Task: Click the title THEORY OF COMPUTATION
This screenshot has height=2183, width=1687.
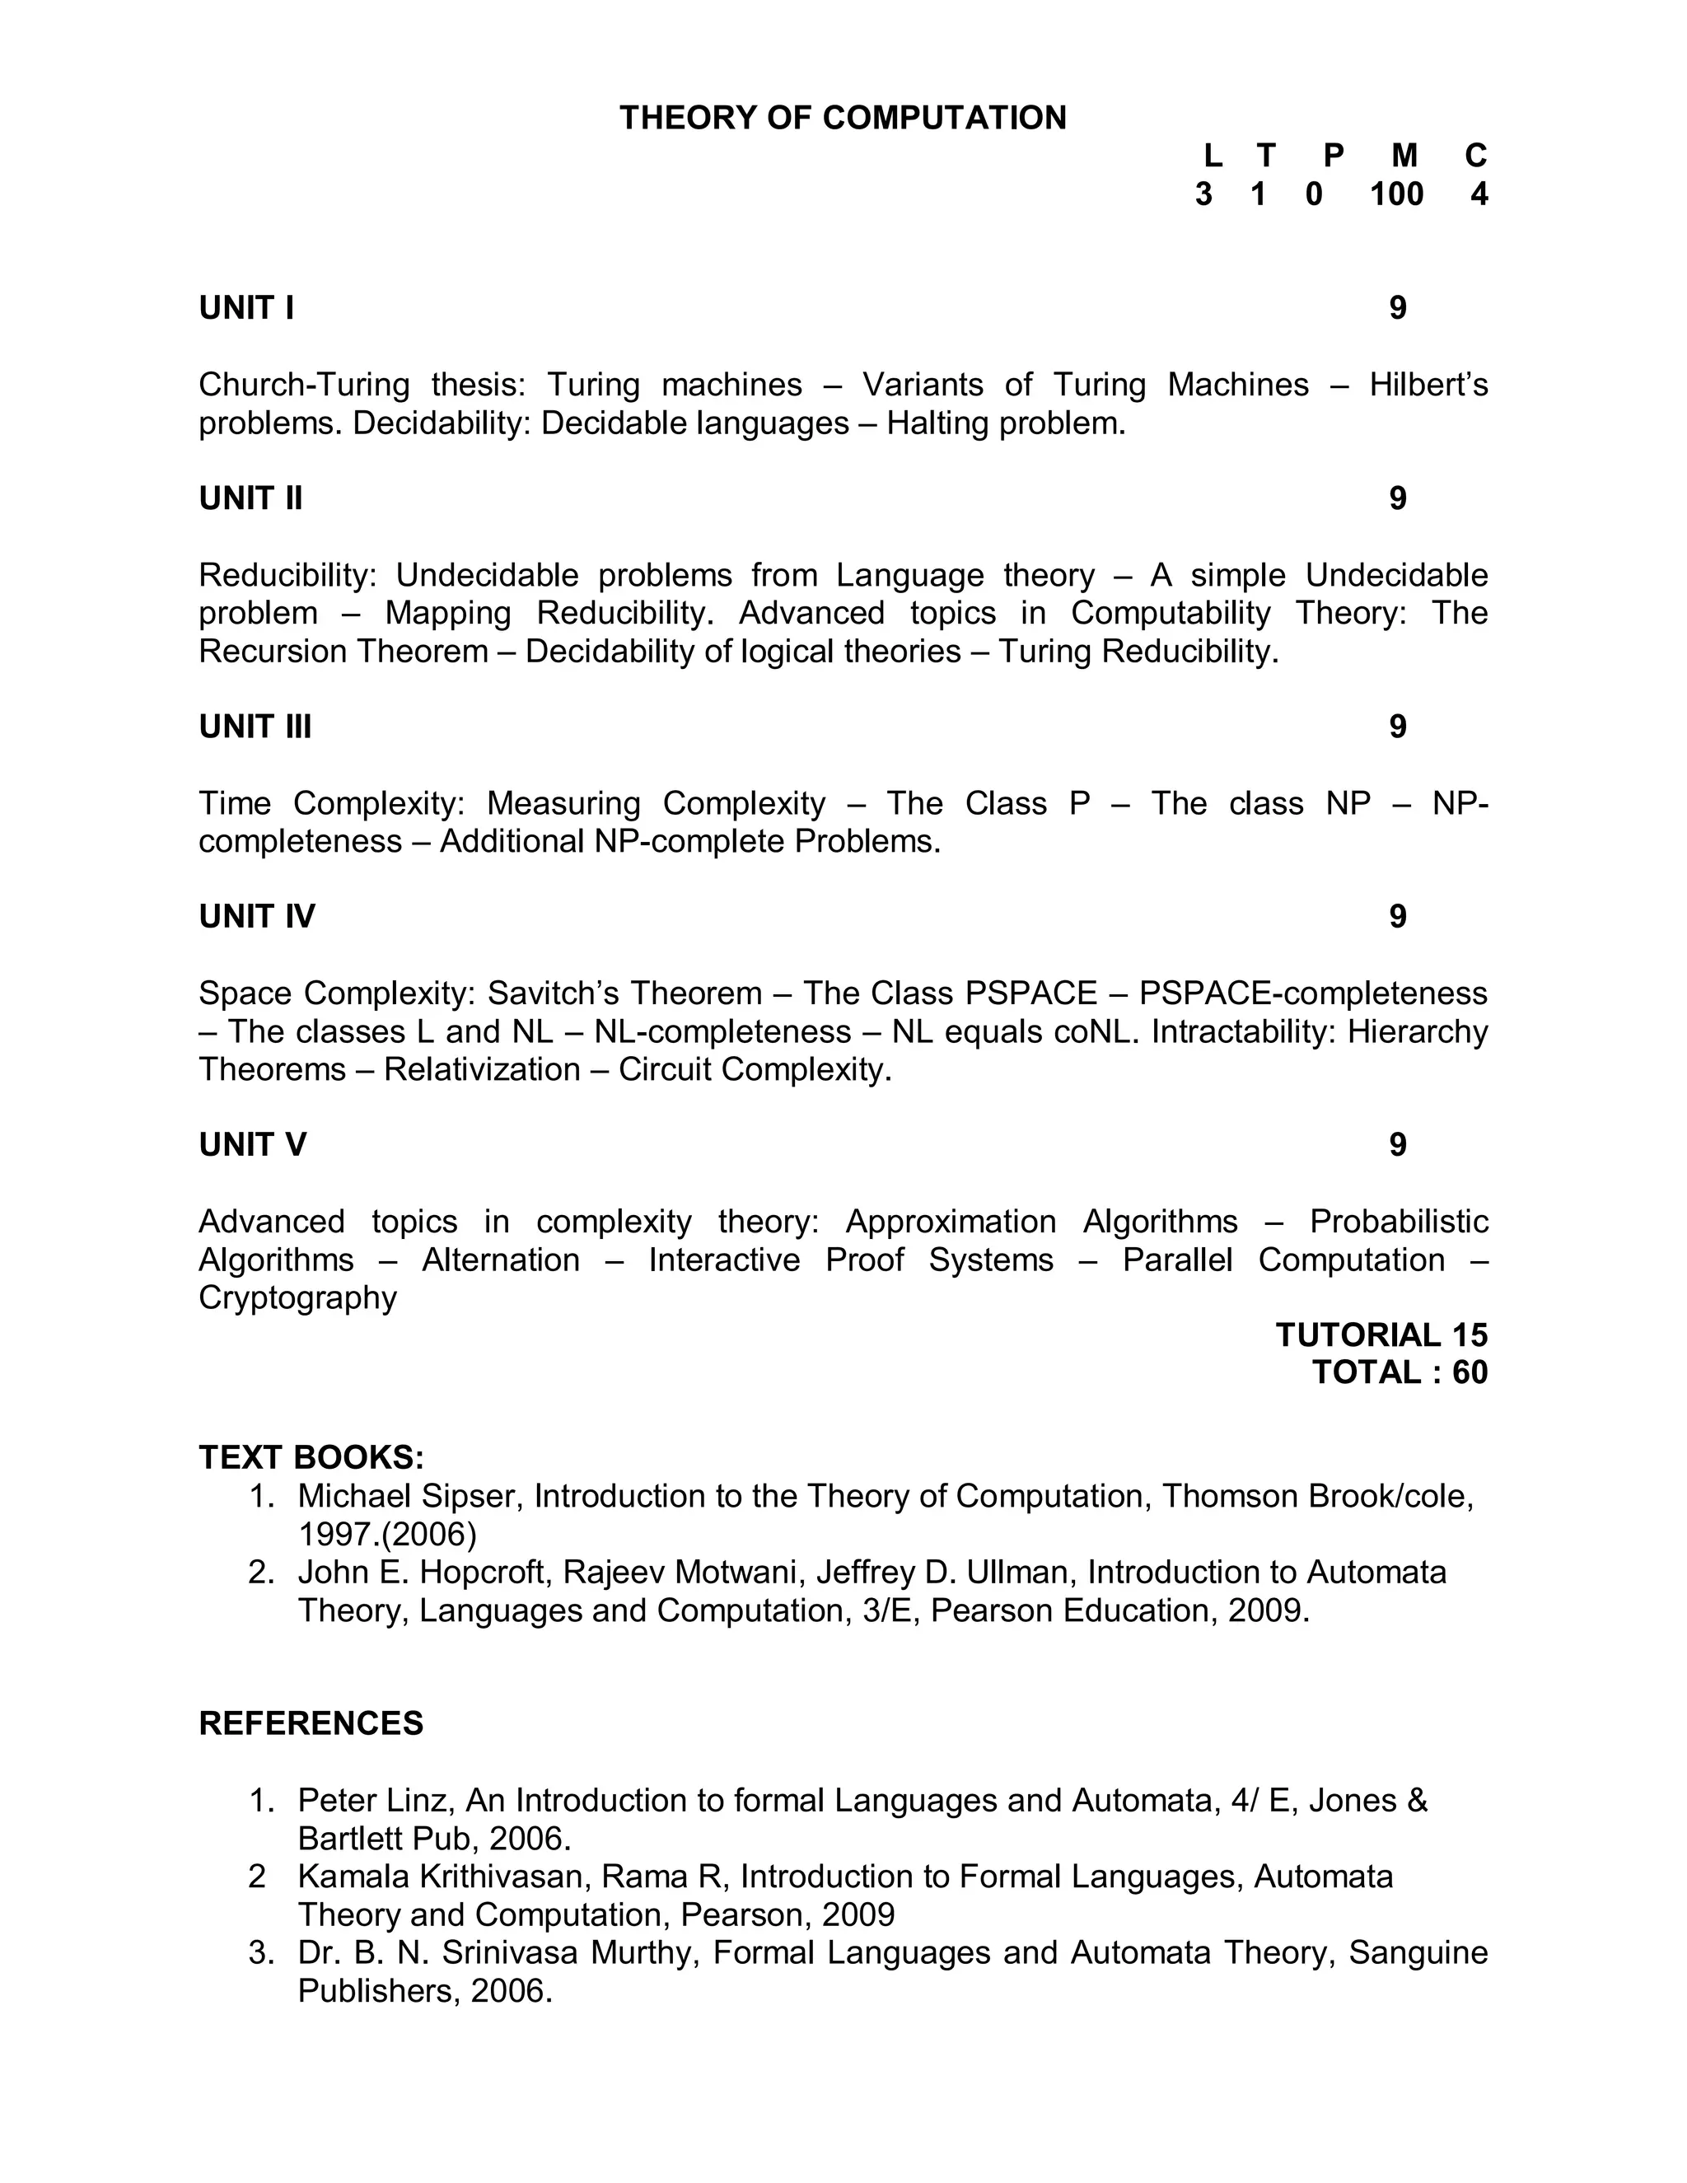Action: [x=843, y=118]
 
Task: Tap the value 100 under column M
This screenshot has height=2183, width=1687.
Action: [x=1395, y=194]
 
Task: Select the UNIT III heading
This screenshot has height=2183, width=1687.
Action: [x=255, y=727]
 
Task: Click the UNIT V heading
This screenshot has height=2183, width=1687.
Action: [x=252, y=1144]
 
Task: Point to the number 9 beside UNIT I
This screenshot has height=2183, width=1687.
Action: [x=1397, y=308]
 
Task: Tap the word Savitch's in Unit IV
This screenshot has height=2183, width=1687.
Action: [x=554, y=993]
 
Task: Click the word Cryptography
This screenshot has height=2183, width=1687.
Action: [x=297, y=1297]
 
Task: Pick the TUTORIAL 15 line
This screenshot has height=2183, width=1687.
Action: [x=1381, y=1335]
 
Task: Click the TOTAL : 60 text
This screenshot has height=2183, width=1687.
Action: [x=1400, y=1372]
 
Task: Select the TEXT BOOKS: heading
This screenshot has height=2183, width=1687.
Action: [x=311, y=1457]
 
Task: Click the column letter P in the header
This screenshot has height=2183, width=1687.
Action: [x=1334, y=156]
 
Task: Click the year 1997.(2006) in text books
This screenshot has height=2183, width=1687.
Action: [x=387, y=1535]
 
